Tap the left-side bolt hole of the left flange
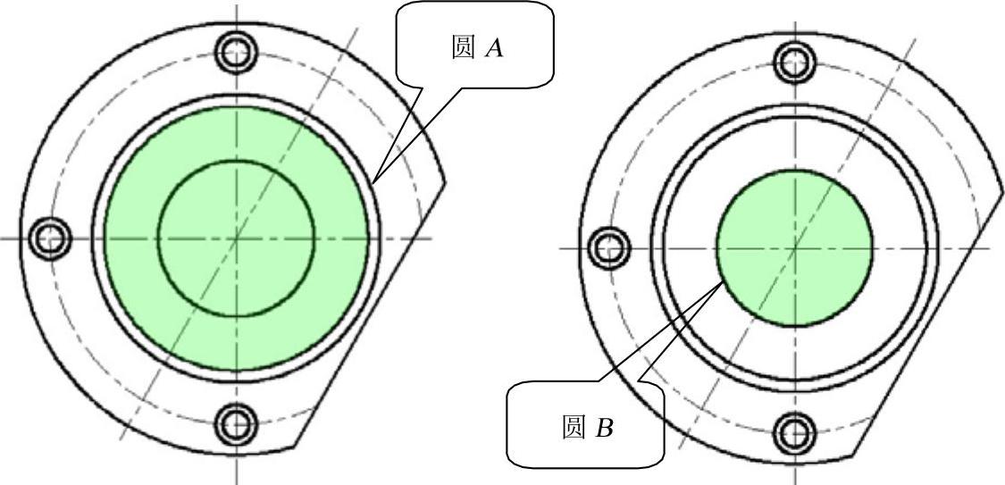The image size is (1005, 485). pyautogui.click(x=48, y=238)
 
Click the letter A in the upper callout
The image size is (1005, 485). pyautogui.click(x=494, y=49)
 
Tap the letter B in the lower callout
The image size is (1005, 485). pyautogui.click(x=605, y=429)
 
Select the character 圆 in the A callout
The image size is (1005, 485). pyautogui.click(x=463, y=48)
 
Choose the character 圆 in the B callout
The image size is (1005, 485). pyautogui.click(x=574, y=428)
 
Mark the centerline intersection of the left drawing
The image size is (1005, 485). pyautogui.click(x=237, y=238)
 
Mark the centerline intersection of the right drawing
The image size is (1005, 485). pyautogui.click(x=794, y=247)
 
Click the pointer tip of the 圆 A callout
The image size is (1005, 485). pyautogui.click(x=375, y=180)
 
